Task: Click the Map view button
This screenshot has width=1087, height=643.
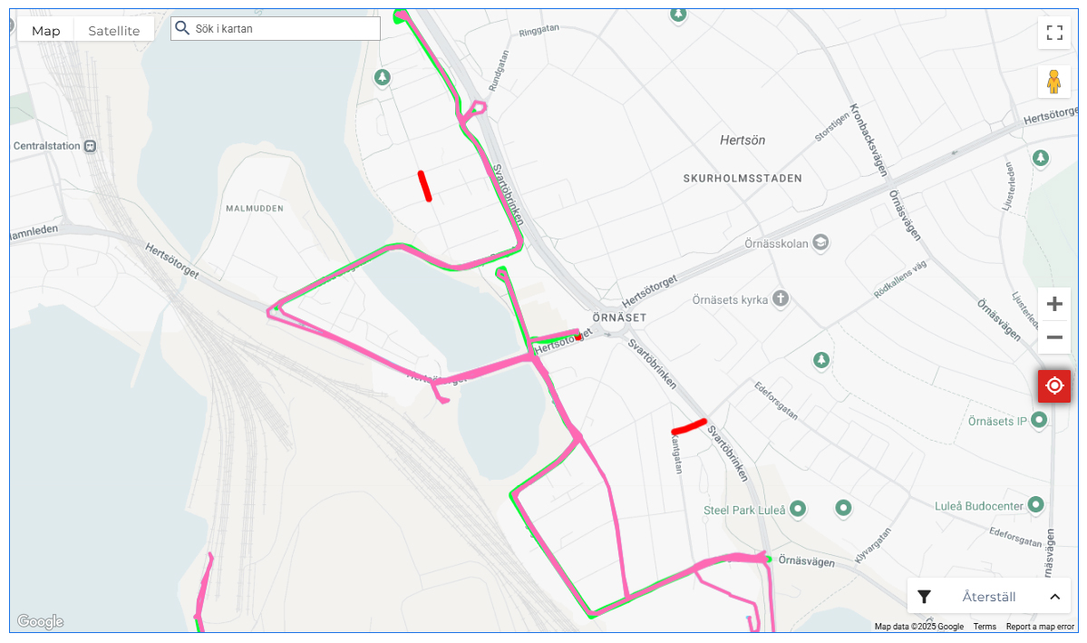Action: point(46,31)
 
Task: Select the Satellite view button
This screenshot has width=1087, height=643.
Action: point(114,31)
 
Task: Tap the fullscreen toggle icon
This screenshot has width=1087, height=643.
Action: point(1054,34)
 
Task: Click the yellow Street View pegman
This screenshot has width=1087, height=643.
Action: point(1054,82)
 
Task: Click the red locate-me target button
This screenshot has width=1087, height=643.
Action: point(1054,386)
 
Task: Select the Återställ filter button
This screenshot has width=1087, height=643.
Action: point(988,597)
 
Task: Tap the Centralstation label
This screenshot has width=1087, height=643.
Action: point(46,146)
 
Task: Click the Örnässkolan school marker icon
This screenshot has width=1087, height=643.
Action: point(820,243)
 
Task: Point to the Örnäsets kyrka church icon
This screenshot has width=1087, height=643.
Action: point(780,298)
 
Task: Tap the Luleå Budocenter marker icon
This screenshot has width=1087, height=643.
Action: point(1035,504)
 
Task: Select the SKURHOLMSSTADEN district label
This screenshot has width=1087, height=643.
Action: point(742,179)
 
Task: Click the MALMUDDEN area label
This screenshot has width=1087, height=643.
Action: point(254,209)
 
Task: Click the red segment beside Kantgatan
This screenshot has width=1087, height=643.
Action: point(689,426)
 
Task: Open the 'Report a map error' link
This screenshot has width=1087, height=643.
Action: point(1040,627)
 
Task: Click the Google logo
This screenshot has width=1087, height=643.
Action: point(40,622)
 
